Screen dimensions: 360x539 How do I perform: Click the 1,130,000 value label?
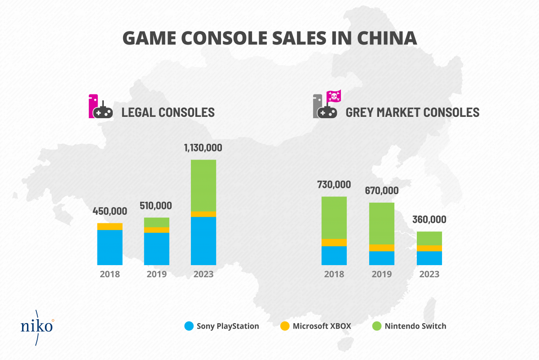[x=203, y=148]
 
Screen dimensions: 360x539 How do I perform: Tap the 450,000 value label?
[x=110, y=211]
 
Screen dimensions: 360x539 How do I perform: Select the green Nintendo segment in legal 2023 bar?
[x=203, y=185]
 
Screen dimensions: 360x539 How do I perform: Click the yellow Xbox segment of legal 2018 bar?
[x=110, y=227]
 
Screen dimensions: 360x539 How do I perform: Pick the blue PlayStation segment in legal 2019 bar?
[x=156, y=249]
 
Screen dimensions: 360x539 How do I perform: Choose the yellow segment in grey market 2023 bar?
[x=429, y=248]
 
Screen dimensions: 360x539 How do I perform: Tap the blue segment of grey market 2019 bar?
[x=381, y=258]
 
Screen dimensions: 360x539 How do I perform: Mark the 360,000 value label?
[x=429, y=220]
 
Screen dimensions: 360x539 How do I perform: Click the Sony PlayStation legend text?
[x=228, y=326]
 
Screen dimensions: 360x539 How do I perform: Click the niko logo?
[x=37, y=325]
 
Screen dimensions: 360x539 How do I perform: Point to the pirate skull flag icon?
[x=334, y=96]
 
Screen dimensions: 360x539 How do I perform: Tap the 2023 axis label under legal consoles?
[x=203, y=274]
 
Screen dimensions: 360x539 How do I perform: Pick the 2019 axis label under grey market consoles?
[x=381, y=274]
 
